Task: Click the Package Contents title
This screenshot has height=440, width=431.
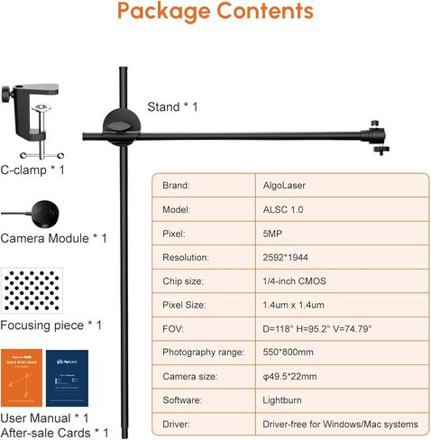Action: (x=215, y=12)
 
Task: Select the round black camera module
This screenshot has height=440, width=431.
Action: (x=44, y=214)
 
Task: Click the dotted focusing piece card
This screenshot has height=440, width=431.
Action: (x=32, y=290)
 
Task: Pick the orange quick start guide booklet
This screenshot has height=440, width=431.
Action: (x=22, y=378)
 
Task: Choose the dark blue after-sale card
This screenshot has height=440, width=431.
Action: (x=67, y=378)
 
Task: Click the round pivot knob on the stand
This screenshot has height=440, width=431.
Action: (x=122, y=127)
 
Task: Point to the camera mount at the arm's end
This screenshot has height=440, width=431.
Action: (x=376, y=137)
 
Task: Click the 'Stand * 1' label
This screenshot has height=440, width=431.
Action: (x=172, y=107)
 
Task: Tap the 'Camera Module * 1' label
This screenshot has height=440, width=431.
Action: (x=53, y=239)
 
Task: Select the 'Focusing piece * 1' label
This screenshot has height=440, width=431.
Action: (x=51, y=325)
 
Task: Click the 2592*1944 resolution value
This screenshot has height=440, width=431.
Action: (x=285, y=257)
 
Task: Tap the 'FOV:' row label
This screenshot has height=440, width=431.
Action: (x=173, y=328)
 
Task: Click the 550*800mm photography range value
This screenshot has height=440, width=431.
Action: (x=288, y=352)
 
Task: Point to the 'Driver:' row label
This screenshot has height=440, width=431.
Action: (x=176, y=425)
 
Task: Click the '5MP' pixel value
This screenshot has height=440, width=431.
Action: (x=272, y=234)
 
